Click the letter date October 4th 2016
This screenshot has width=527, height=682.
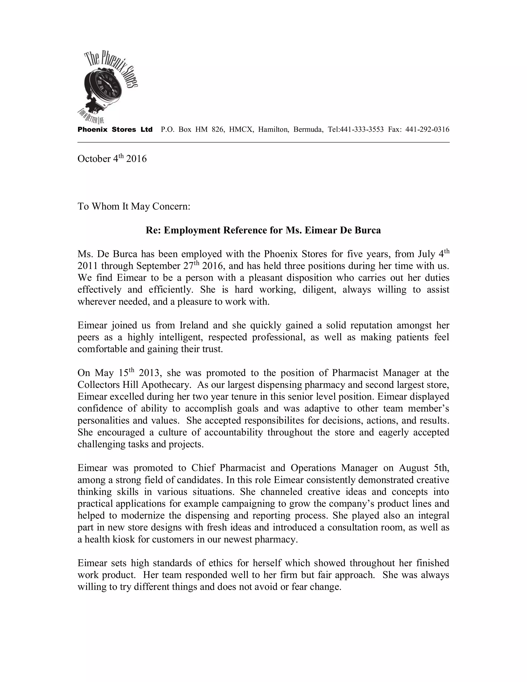(112, 159)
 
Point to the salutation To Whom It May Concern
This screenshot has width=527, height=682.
(134, 206)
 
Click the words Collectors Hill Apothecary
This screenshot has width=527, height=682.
(134, 385)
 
